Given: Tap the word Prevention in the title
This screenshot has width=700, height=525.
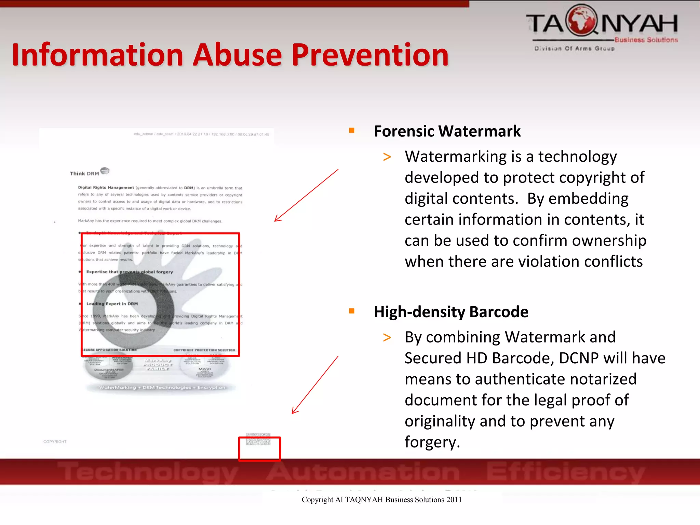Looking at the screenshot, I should tap(370, 55).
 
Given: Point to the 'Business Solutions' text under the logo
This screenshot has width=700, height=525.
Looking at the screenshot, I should tap(646, 40).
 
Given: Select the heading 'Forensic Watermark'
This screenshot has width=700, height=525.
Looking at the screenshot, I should tap(447, 131).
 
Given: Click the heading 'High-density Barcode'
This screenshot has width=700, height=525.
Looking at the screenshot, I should tap(451, 312).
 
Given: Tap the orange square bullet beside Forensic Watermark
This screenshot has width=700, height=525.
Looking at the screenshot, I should tap(352, 130).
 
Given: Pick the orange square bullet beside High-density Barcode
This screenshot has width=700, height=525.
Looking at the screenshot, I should tap(352, 311).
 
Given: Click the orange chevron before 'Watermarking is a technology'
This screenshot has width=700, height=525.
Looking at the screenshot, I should tap(387, 157).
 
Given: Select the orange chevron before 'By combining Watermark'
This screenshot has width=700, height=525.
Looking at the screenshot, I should tap(387, 338).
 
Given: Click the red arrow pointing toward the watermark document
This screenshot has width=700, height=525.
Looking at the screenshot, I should tap(306, 196).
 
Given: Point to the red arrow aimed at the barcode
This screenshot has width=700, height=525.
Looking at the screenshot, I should tap(315, 385).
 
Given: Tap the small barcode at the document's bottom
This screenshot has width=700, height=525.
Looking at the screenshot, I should tap(258, 439).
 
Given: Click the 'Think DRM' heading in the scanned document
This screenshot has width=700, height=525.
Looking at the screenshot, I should tap(84, 173).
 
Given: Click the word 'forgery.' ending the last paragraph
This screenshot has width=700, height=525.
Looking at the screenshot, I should tap(432, 442).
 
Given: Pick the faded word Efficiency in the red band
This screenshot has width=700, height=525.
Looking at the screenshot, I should tap(565, 472).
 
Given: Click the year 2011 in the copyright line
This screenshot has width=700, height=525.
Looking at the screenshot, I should tap(454, 500).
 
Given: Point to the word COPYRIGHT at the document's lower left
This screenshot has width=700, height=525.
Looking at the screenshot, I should tap(55, 442).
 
